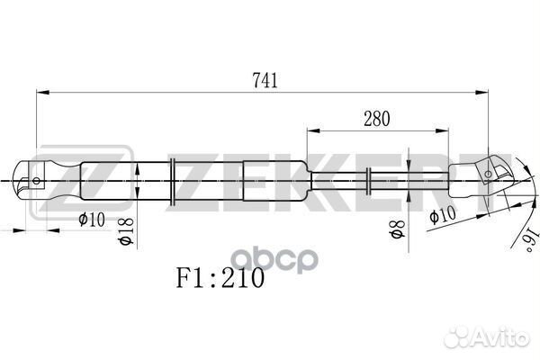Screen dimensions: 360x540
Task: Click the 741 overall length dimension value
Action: click(265, 79)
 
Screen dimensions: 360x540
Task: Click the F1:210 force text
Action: click(219, 277)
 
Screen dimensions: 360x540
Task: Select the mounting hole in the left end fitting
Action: click(36, 180)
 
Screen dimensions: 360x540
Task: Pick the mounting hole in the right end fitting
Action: click(491, 172)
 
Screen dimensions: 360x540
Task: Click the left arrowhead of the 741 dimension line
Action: click(41, 92)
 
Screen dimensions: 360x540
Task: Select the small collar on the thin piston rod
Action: click(369, 180)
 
